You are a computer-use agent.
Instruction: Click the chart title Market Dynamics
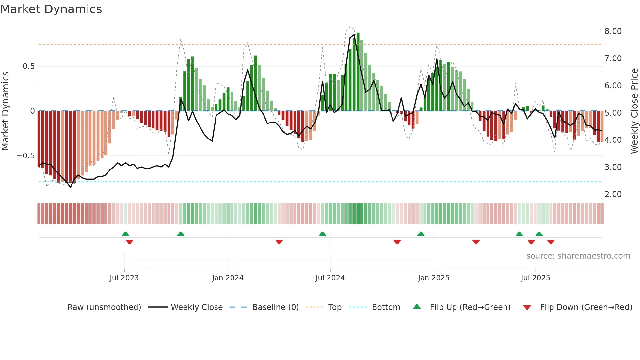(x=51, y=9)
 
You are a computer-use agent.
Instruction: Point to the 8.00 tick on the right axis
(x=613, y=31)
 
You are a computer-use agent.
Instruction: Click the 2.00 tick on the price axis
(x=613, y=194)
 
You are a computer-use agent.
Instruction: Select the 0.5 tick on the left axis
(x=28, y=66)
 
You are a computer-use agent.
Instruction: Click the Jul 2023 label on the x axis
(x=124, y=278)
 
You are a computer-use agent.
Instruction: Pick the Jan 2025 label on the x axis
(x=434, y=278)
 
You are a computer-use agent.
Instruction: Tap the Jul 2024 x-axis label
(x=330, y=278)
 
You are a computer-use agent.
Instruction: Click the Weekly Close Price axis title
(x=634, y=111)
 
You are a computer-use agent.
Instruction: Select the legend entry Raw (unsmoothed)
(x=104, y=307)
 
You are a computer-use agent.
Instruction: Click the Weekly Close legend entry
(x=197, y=307)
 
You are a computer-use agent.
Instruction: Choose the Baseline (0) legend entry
(x=275, y=307)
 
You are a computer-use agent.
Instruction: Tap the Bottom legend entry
(x=386, y=307)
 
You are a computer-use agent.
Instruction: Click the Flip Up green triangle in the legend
(x=417, y=306)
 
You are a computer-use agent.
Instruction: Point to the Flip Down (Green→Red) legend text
(x=586, y=307)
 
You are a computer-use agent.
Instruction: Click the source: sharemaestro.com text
(x=578, y=256)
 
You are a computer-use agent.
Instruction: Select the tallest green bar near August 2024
(x=358, y=72)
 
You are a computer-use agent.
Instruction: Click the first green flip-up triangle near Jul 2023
(x=125, y=234)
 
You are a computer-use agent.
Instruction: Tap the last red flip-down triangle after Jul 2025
(x=551, y=242)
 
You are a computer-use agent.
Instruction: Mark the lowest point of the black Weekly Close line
(x=71, y=187)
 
